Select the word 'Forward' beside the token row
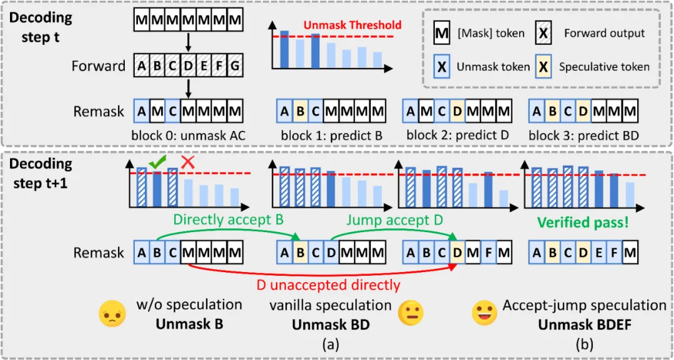coord(99,66)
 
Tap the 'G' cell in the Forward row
coord(235,66)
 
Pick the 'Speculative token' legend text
coord(604,67)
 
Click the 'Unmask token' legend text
coord(491,67)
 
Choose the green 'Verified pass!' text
coord(582,222)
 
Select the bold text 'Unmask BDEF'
coord(584,324)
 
